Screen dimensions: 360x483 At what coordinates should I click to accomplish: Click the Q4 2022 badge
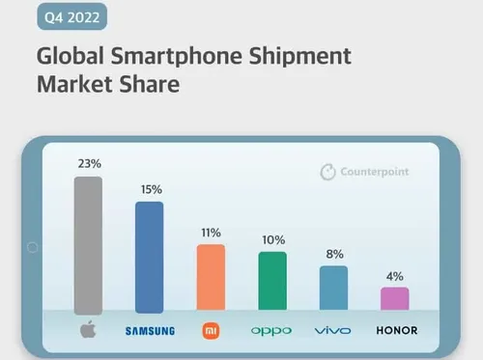71,17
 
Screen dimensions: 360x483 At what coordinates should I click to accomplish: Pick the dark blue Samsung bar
150,257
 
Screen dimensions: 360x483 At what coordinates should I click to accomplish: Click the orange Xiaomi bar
211,278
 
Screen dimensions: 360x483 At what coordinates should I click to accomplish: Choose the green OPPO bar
271,281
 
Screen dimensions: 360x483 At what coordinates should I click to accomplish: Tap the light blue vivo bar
333,289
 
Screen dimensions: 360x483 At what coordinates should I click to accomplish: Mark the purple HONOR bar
394,299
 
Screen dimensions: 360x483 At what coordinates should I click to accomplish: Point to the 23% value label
88,165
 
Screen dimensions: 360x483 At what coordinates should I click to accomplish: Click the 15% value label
150,190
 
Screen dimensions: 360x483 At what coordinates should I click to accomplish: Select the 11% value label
211,233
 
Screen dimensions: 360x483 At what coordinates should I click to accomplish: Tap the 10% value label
271,239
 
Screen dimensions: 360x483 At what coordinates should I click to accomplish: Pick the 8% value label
333,255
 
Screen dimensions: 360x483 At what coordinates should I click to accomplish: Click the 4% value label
394,276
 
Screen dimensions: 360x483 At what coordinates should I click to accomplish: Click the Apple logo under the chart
88,330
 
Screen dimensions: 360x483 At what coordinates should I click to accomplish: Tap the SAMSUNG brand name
150,331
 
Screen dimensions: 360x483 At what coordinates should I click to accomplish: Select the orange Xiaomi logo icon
211,330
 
